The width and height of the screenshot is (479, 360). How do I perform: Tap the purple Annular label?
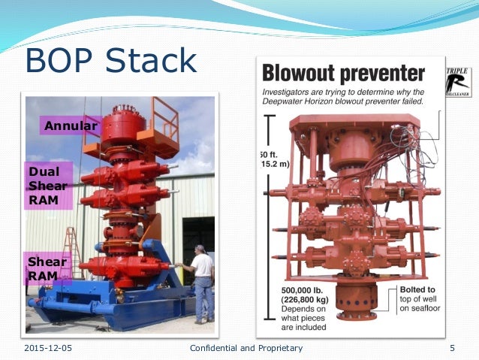coord(71,126)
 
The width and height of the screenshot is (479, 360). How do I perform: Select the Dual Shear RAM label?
coord(49,185)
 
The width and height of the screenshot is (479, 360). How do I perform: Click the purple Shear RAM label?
coord(47,269)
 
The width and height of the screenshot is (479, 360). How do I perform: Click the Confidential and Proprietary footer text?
coord(246,348)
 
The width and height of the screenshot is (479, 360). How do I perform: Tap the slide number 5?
coord(452,348)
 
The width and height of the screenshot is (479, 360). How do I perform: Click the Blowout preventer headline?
coord(343,74)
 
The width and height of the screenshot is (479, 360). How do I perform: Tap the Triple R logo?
coord(458,82)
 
